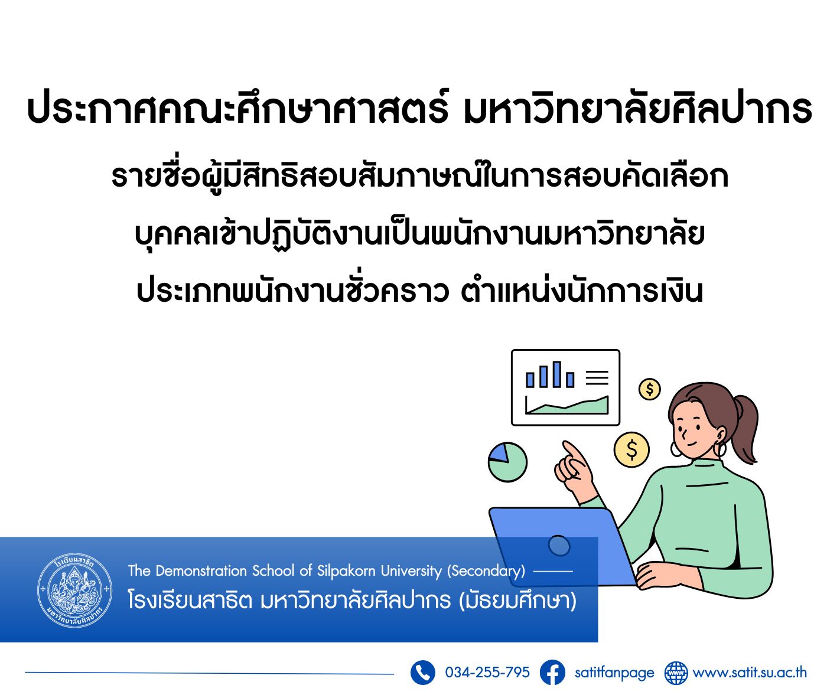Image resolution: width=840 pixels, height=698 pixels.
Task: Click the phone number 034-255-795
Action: [487, 672]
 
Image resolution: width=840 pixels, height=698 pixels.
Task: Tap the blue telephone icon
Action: [422, 672]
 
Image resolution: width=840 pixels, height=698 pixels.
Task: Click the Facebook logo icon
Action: [552, 672]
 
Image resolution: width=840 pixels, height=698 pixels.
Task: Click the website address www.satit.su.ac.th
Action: [750, 673]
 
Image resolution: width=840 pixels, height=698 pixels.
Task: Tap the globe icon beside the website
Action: [676, 673]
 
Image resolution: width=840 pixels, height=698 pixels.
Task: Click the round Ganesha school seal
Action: [75, 590]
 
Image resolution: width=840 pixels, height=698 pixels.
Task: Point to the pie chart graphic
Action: [507, 462]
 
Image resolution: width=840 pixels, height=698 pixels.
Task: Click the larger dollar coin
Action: [631, 449]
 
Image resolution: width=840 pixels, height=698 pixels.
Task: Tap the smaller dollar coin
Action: [650, 389]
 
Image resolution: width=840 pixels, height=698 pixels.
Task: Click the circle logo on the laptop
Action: [559, 546]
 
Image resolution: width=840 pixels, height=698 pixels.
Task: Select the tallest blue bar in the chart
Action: [557, 374]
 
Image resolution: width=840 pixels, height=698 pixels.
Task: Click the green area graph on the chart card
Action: [567, 406]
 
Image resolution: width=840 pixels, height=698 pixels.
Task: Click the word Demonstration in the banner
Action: [201, 570]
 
